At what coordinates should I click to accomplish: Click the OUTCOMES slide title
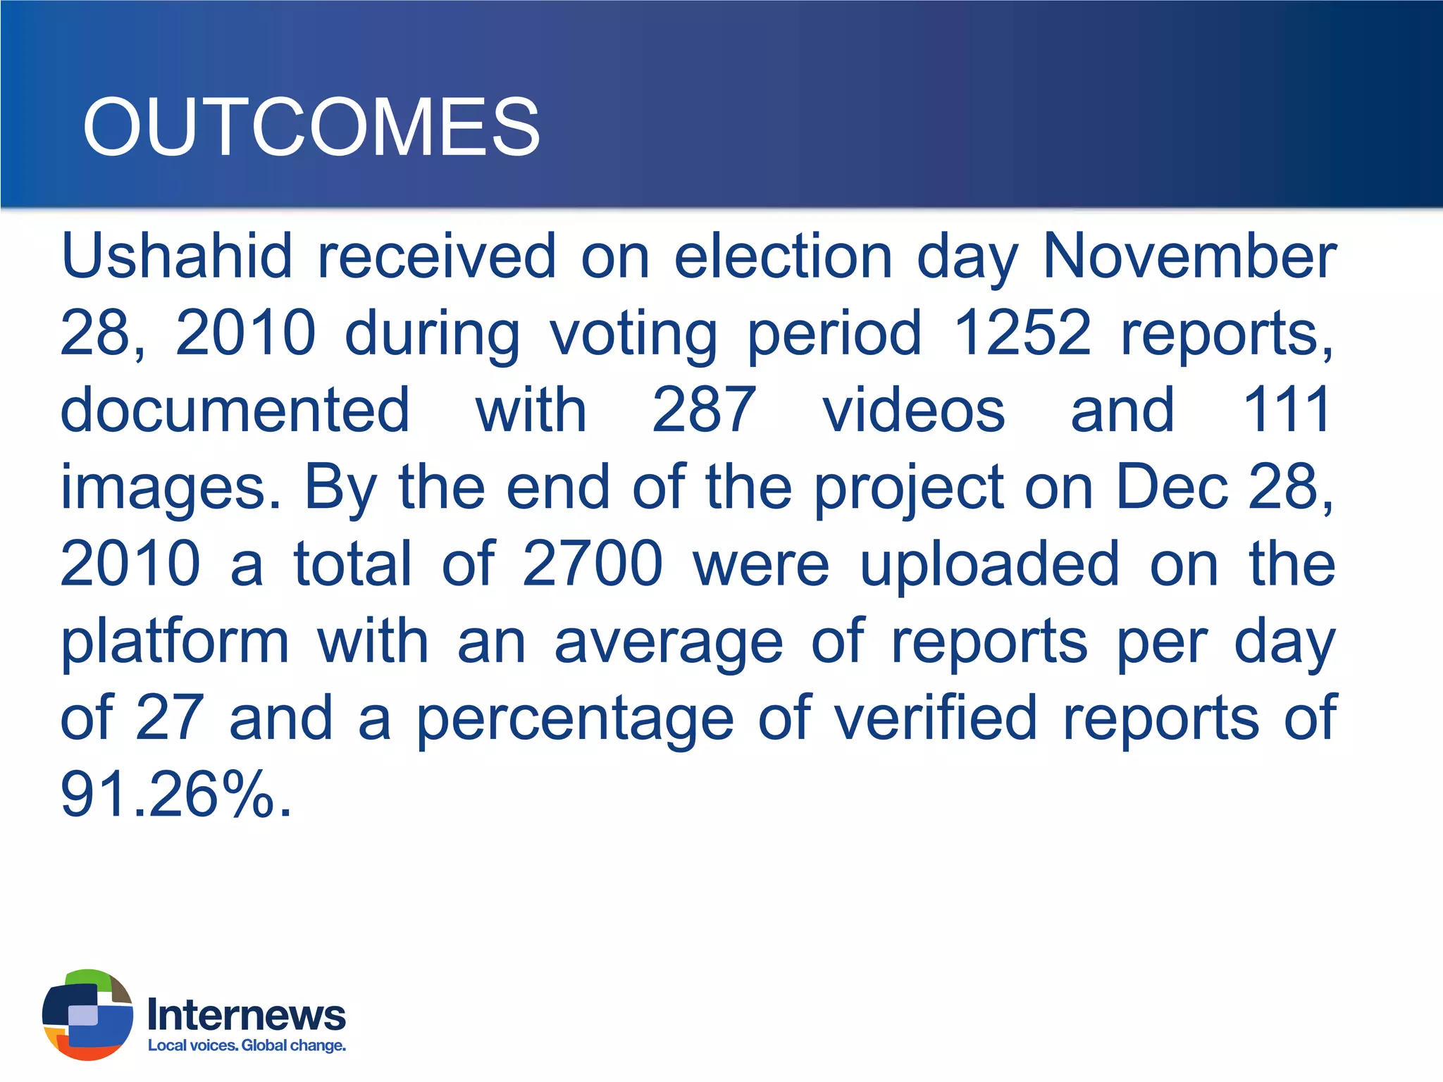(311, 128)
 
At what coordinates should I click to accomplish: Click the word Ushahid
(176, 256)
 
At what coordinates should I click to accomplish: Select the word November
(1189, 256)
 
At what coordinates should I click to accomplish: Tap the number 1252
(1022, 332)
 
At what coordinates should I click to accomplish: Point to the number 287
(704, 410)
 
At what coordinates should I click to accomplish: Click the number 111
(1287, 410)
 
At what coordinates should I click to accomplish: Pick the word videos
(914, 410)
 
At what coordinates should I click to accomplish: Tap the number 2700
(593, 564)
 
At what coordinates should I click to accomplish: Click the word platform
(175, 642)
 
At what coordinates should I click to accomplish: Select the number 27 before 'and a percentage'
(170, 718)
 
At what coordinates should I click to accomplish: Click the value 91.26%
(175, 795)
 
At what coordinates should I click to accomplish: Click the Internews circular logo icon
(87, 1014)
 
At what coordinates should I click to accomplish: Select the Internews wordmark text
(247, 1015)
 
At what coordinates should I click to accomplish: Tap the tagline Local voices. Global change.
(247, 1045)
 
